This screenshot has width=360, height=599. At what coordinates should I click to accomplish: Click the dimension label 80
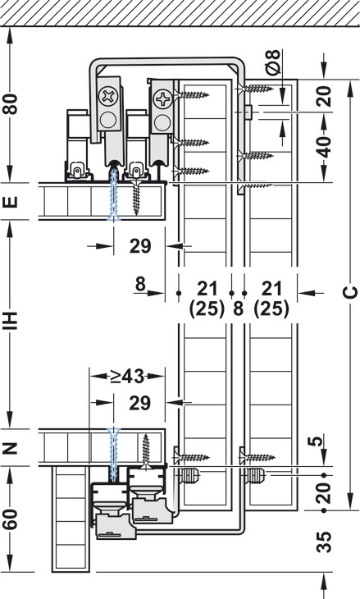[11, 104]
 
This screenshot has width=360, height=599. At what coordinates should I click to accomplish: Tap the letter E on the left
[11, 201]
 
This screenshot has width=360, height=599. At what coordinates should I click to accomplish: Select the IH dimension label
[11, 321]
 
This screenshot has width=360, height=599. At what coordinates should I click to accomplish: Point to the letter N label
[11, 447]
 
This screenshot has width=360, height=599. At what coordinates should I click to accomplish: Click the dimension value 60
[11, 519]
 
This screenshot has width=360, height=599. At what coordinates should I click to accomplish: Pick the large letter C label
[349, 292]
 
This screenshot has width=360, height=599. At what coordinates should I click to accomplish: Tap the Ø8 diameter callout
[273, 62]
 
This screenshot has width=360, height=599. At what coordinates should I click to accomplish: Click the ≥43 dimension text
[127, 377]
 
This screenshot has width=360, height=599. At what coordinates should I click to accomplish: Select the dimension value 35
[324, 542]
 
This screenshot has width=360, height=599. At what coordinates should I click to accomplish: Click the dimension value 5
[316, 441]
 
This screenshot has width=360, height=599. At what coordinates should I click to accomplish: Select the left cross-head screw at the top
[108, 96]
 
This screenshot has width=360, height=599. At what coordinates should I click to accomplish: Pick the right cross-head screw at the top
[162, 99]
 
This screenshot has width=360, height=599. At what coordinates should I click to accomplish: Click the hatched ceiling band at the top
[180, 13]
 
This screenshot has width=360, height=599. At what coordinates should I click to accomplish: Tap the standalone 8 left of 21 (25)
[140, 284]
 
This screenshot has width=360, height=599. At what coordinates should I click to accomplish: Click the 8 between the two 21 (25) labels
[238, 309]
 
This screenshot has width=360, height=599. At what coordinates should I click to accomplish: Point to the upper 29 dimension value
[140, 246]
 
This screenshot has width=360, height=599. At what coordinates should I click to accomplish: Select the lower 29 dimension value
[140, 404]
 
